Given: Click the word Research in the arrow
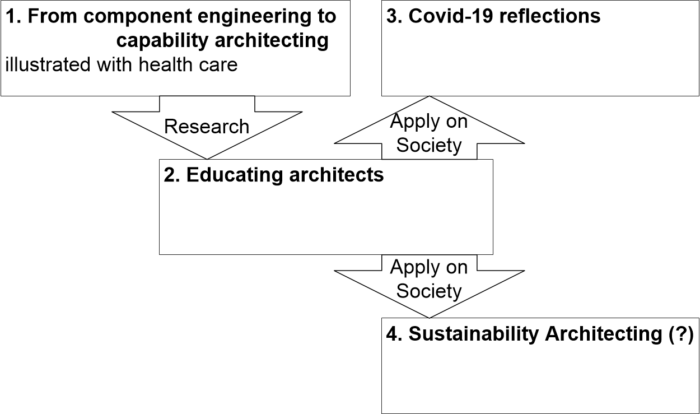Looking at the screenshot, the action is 207,126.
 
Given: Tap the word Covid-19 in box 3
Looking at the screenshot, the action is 451,16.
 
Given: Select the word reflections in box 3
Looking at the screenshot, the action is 550,16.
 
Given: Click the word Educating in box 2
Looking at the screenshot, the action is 235,175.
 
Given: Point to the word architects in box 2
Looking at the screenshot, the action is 336,174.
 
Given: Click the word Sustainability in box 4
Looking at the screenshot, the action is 474,334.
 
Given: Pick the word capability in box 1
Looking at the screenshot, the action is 162,41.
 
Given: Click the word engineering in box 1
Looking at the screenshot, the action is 254,17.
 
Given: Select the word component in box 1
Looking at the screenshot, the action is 138,17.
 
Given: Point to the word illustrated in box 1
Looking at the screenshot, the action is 48,64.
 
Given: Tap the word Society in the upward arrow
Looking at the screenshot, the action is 429,146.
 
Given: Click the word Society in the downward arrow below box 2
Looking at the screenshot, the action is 429,291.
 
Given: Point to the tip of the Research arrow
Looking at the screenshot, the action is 207,159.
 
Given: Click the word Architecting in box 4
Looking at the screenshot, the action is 604,334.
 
